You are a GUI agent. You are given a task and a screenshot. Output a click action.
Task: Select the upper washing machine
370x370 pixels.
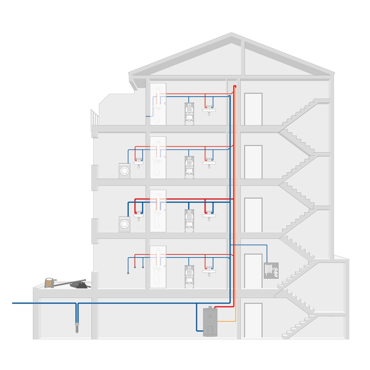124,171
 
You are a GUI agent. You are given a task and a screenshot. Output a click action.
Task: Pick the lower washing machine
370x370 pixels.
124,224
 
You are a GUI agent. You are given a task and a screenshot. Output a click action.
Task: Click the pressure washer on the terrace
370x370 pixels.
49,282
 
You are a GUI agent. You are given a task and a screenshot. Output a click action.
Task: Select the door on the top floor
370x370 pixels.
253,109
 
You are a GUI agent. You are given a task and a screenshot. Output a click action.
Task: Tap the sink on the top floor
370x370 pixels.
209,111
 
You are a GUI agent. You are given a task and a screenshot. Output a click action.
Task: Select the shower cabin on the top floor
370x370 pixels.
158,104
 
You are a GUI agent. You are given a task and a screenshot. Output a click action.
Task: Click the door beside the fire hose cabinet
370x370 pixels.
253,271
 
